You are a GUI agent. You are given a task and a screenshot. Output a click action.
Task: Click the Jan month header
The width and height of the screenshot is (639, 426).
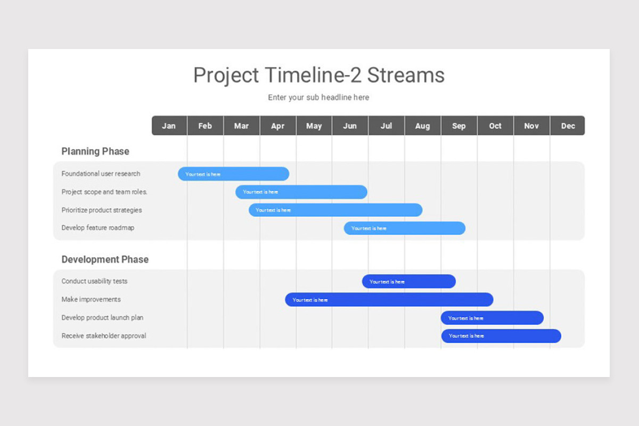tap(169, 126)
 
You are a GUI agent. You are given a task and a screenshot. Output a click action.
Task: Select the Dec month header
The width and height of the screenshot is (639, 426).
tap(568, 126)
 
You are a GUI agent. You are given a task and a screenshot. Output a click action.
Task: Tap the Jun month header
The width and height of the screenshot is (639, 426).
tap(350, 126)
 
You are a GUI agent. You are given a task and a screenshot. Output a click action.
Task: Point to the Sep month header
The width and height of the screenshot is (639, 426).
tap(459, 126)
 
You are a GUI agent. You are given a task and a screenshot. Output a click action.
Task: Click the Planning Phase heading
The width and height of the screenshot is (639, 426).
tap(95, 151)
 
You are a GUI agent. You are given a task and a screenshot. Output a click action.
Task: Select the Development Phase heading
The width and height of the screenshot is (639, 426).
tap(105, 259)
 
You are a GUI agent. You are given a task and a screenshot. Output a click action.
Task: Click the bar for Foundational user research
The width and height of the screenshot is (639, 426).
tap(233, 174)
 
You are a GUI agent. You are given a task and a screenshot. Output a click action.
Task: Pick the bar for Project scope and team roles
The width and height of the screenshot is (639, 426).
tap(301, 192)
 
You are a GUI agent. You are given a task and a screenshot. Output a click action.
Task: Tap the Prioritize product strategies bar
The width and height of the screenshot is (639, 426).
tap(335, 210)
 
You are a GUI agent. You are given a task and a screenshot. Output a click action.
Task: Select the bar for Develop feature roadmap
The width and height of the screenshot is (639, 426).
tap(405, 228)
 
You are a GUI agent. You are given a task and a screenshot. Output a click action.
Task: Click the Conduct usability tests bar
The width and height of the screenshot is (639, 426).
tap(409, 282)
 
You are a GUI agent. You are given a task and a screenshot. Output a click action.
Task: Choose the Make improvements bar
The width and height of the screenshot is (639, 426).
tap(389, 300)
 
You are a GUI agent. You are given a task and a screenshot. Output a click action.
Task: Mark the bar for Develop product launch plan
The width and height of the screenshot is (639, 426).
tap(492, 318)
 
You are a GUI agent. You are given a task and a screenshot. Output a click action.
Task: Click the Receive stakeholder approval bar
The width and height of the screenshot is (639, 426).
tap(501, 336)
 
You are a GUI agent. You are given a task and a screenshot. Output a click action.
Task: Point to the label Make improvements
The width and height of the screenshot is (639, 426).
tap(91, 299)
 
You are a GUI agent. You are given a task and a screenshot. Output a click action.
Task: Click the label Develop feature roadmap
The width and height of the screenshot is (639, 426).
tap(98, 228)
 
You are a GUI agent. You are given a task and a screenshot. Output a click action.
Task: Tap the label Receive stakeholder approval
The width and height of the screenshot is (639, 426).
tap(104, 336)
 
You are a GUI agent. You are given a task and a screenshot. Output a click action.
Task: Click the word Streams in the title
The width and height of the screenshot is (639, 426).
tap(406, 75)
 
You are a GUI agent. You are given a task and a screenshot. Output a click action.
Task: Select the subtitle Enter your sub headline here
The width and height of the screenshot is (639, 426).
tap(318, 97)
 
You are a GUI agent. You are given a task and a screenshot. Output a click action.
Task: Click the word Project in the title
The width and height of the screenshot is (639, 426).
tap(226, 76)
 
